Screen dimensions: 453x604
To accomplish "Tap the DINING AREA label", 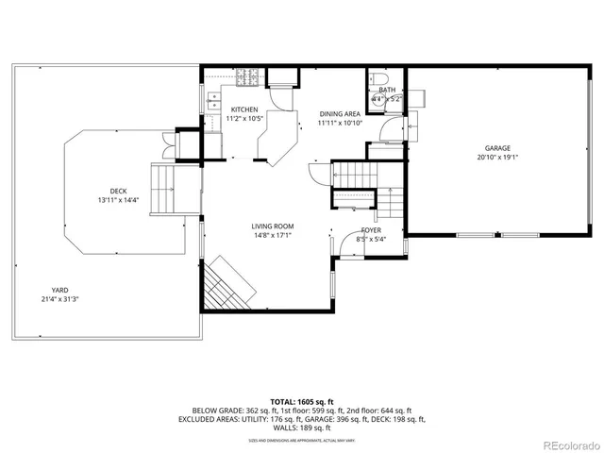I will pos(340,112).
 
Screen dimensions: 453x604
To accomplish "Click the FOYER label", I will pos(371,230).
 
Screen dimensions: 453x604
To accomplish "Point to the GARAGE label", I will pos(497,148).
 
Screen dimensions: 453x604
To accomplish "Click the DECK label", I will pos(117,190).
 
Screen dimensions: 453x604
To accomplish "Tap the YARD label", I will pos(59,290).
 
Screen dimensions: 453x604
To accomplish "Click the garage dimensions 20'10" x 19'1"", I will pos(497,159).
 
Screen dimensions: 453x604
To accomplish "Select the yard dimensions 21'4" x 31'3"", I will pos(59,299).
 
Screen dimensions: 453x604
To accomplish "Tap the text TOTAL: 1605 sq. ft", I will pos(301,402).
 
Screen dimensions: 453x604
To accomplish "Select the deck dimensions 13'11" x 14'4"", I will pos(117,200).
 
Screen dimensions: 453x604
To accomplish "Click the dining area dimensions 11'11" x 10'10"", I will pos(340,123).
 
